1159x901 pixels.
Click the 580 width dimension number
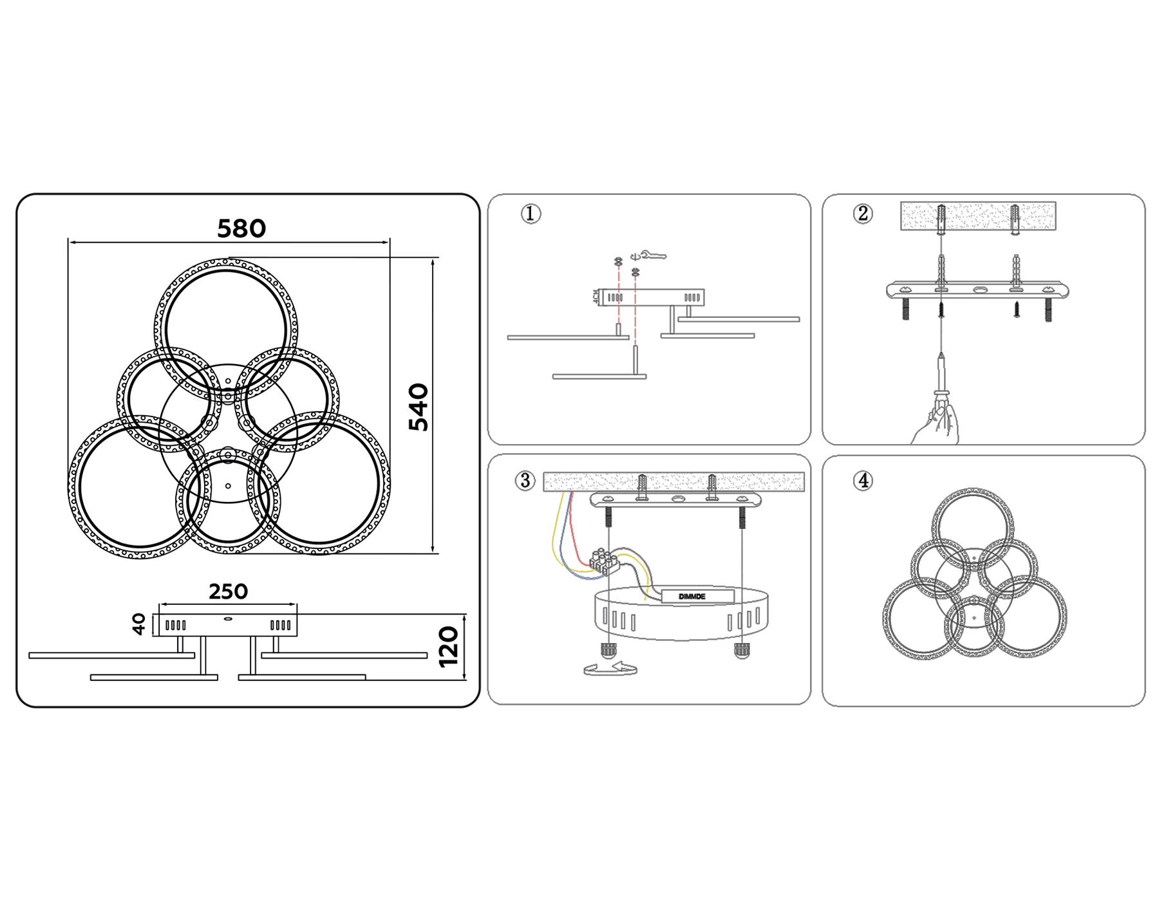(x=241, y=228)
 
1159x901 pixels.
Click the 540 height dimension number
(x=419, y=407)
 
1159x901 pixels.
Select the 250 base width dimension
(x=228, y=591)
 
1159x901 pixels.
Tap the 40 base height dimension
(x=138, y=624)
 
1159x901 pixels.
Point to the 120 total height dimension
(x=449, y=647)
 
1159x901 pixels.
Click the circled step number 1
(x=531, y=214)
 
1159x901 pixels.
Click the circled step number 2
(x=863, y=214)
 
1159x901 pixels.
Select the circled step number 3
(x=525, y=481)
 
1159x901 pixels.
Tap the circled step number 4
(x=863, y=481)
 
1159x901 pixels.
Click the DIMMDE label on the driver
(x=692, y=597)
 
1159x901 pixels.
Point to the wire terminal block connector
(x=603, y=561)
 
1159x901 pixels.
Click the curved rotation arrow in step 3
(x=610, y=669)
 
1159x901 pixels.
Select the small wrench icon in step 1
(x=654, y=256)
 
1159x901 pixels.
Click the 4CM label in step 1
(x=596, y=297)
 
